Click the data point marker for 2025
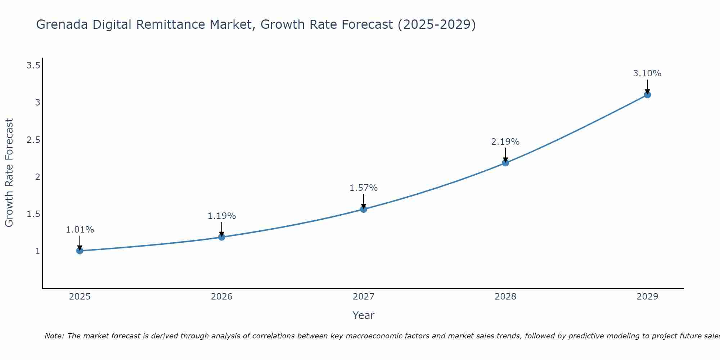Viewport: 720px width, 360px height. tap(80, 251)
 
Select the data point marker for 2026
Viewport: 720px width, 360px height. tap(221, 237)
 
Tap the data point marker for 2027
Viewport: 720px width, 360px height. tap(364, 209)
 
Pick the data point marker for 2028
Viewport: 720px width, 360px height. tap(505, 163)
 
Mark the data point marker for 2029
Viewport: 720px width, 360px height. tap(647, 95)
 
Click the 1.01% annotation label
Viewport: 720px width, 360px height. tap(80, 230)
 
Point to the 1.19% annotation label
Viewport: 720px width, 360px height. tap(222, 216)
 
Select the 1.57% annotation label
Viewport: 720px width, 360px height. tap(364, 188)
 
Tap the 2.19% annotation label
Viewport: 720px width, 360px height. tap(505, 142)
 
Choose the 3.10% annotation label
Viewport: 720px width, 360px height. tap(647, 73)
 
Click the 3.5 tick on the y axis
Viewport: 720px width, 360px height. tap(33, 65)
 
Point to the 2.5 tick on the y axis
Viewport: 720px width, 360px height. tap(33, 140)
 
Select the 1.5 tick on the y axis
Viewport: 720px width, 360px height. tap(33, 214)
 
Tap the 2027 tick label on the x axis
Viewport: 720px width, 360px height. tap(364, 297)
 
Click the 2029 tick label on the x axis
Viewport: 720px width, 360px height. tap(647, 297)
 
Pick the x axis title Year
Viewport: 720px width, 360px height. tap(364, 315)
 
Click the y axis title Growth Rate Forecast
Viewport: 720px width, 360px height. tap(9, 173)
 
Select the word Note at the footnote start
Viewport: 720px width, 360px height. tap(54, 336)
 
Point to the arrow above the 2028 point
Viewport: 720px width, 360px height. tap(505, 155)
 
